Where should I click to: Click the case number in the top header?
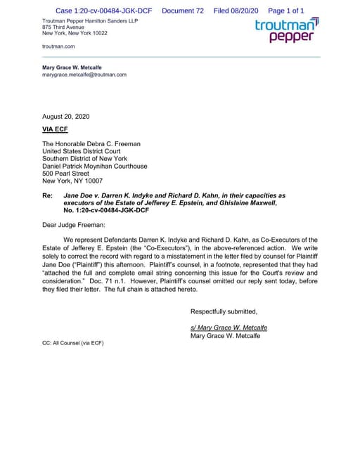(104, 11)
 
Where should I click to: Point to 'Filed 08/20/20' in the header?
(236, 11)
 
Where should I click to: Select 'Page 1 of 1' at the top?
(286, 11)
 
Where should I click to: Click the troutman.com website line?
(58, 46)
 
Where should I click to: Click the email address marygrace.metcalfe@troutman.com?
(84, 75)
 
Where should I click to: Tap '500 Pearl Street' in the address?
(65, 173)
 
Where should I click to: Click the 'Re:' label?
(48, 195)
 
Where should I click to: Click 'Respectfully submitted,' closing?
(224, 311)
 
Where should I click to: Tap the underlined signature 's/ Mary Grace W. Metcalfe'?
(229, 328)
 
